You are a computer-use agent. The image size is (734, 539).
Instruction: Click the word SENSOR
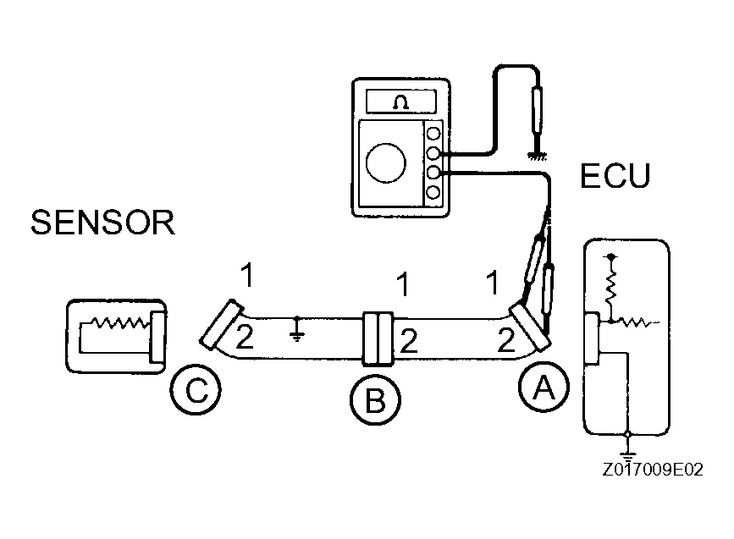[x=102, y=223]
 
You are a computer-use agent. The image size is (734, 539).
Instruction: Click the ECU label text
[x=615, y=176]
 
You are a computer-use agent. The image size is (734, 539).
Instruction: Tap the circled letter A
[x=542, y=388]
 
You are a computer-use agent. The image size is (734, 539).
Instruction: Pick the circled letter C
[x=196, y=391]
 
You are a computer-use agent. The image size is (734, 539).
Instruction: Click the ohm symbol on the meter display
[x=400, y=103]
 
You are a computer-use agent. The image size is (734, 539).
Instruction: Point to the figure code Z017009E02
[x=654, y=470]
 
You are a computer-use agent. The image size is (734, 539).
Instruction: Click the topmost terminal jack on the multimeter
[x=434, y=133]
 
